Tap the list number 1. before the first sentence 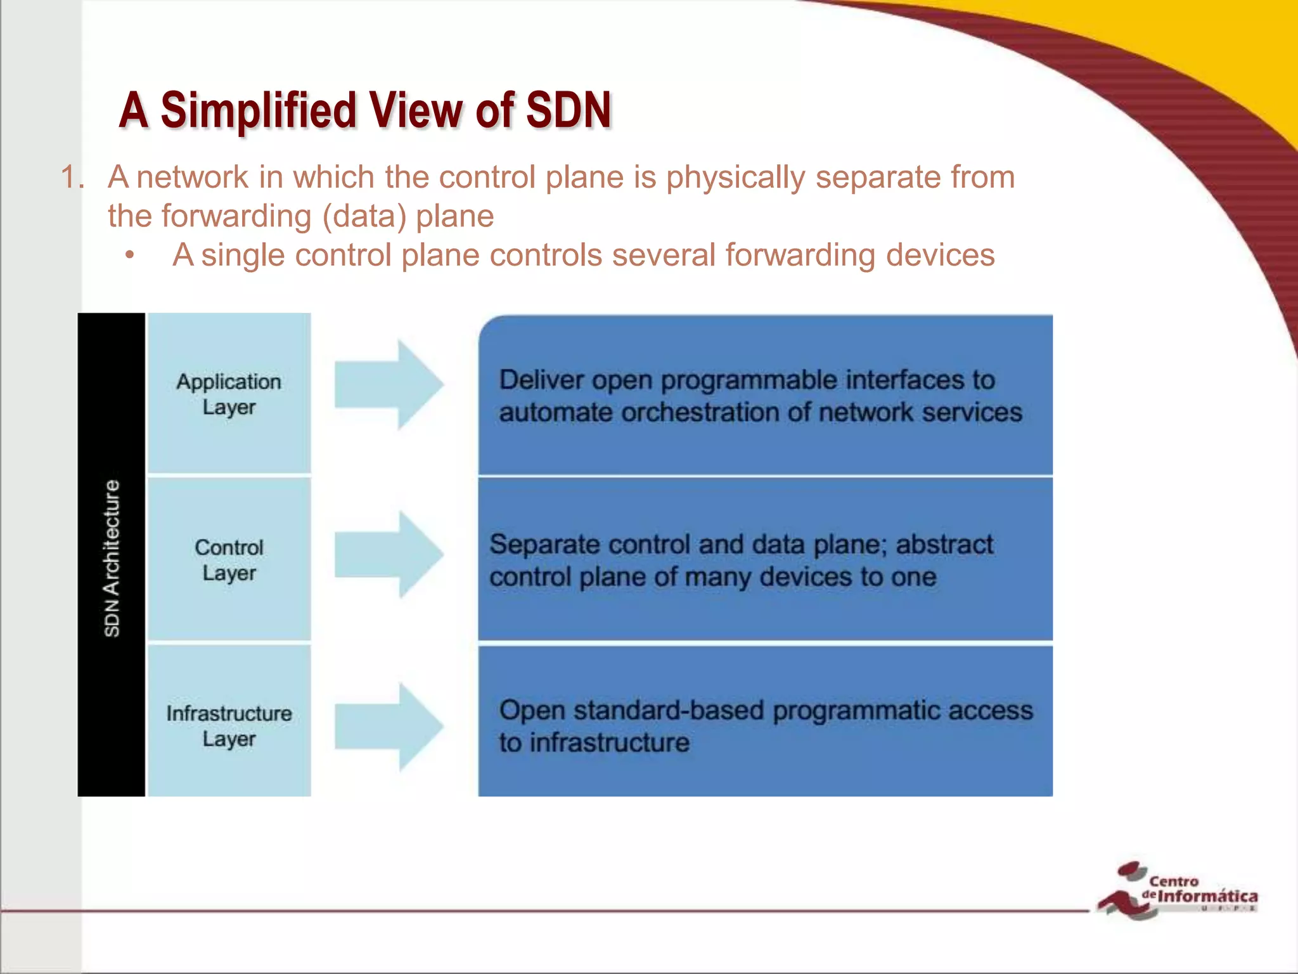tap(72, 177)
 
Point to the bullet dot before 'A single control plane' tap(130, 256)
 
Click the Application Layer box tap(229, 393)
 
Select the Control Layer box tap(229, 559)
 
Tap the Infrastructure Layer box tap(229, 725)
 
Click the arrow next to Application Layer tap(389, 384)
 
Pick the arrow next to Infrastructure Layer tap(389, 727)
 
